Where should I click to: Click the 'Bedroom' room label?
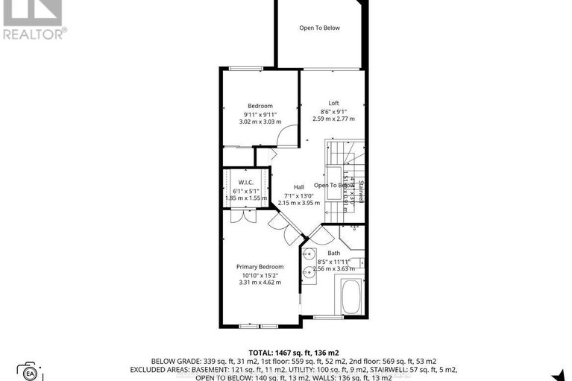(260, 106)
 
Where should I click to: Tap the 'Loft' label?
(334, 103)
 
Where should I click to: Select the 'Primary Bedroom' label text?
(260, 267)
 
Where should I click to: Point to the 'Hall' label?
(298, 186)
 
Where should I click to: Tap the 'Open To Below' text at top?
(319, 28)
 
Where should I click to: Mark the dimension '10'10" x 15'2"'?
(260, 275)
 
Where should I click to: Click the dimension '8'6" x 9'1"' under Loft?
(334, 111)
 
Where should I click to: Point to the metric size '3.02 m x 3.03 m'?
(260, 122)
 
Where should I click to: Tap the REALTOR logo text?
(34, 34)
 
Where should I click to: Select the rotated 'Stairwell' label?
(361, 191)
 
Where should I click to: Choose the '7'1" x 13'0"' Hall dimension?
(298, 195)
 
